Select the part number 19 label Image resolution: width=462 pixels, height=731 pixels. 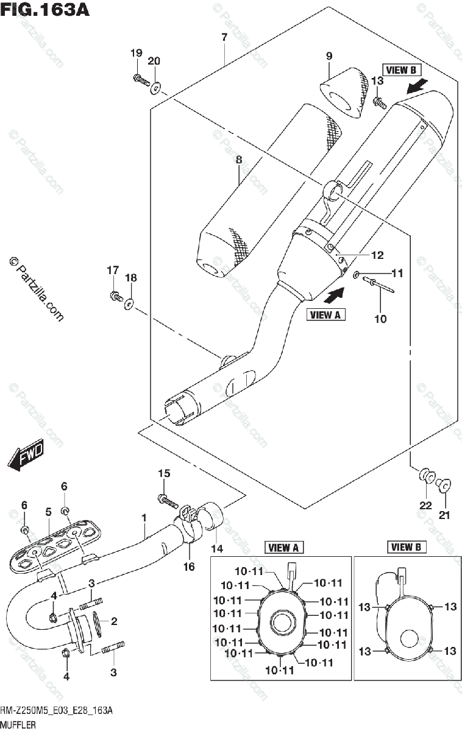click(137, 53)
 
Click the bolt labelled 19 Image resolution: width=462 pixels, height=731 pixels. click(141, 79)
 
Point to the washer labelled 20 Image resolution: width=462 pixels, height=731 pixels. click(156, 88)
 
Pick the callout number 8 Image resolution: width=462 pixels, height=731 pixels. click(239, 160)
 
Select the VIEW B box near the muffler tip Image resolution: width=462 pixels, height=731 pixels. click(401, 70)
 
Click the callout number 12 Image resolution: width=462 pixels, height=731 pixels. click(377, 255)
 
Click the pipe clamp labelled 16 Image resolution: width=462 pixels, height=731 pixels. click(188, 524)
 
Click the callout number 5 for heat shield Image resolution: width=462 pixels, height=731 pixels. click(48, 512)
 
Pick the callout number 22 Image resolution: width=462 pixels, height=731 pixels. click(425, 505)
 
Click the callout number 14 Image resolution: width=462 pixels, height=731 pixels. click(217, 548)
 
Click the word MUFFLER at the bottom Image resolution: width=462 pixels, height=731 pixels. click(18, 725)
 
